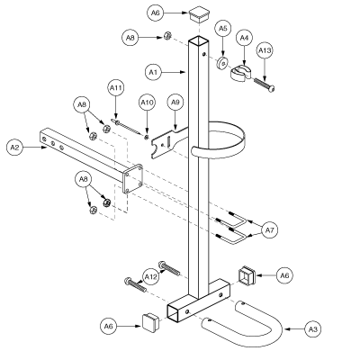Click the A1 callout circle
tap(153, 72)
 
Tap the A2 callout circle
tap(14, 148)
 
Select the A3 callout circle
tap(313, 329)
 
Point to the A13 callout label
tap(265, 50)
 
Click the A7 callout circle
tap(270, 230)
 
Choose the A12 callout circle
tap(150, 277)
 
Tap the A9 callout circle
tap(175, 103)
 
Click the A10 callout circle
tap(147, 103)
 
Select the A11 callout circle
tap(116, 88)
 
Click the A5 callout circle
tap(223, 29)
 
